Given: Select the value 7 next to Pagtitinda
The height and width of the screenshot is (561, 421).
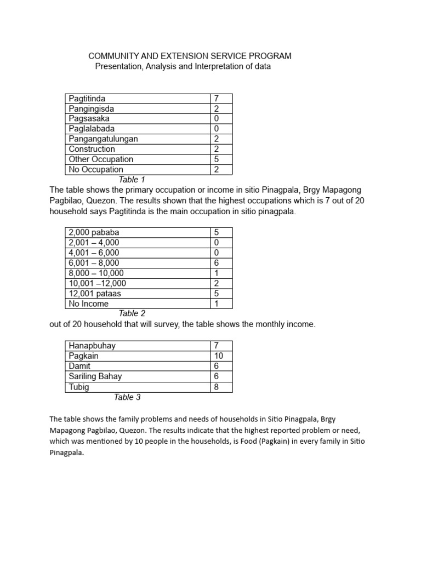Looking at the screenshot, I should [x=217, y=99].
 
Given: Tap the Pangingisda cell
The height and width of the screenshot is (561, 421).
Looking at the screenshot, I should [x=92, y=109].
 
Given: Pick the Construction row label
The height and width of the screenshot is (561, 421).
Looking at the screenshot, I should [x=92, y=149].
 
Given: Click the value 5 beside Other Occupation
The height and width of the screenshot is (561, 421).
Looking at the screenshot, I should [x=217, y=159].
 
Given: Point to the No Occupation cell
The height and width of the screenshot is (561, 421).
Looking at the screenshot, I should [x=94, y=169].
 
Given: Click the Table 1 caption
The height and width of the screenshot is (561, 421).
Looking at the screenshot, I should [x=132, y=179].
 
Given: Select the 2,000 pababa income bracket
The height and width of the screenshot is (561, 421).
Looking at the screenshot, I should [x=94, y=232].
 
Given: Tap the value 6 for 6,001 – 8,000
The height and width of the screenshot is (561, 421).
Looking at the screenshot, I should [x=217, y=263].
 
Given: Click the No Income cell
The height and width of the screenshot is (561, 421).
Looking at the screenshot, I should [x=89, y=304].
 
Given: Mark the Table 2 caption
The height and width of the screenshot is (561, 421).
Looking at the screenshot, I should [x=132, y=313].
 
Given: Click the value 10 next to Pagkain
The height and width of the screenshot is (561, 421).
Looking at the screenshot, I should [x=218, y=356].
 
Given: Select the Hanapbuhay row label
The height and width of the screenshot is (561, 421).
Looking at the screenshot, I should [x=92, y=346].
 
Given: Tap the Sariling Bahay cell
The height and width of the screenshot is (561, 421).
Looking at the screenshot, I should [x=95, y=376].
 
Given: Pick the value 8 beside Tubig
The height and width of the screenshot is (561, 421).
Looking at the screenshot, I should [x=217, y=387].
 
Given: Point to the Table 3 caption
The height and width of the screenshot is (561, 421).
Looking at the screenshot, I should [x=127, y=397].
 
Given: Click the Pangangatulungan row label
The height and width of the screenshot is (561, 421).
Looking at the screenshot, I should [x=103, y=139].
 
